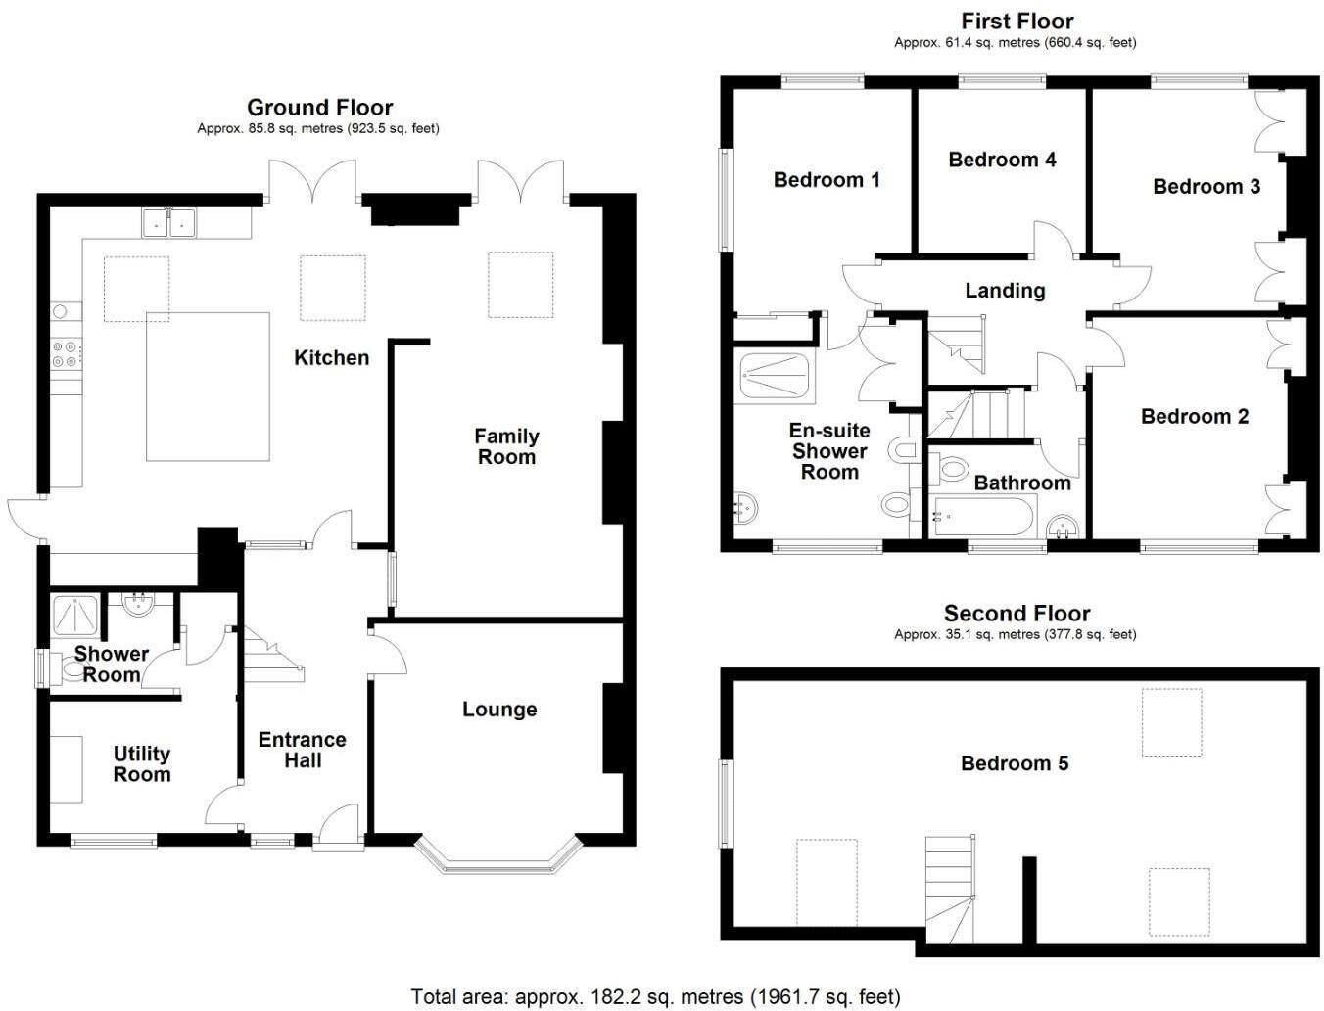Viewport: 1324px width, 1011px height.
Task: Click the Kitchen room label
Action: tap(331, 358)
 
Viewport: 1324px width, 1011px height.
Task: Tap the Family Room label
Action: tap(506, 446)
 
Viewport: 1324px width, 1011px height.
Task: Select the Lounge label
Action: tap(499, 710)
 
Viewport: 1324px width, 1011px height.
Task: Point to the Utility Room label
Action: tap(142, 763)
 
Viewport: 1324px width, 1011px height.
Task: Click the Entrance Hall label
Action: tap(303, 750)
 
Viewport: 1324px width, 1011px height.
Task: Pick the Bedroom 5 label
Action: tap(1015, 763)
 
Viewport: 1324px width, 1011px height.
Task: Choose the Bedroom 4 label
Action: tap(1002, 160)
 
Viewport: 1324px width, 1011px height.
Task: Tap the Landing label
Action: tap(1005, 291)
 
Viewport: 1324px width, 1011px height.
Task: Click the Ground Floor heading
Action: tap(319, 108)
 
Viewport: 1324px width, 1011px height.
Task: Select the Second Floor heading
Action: tap(1017, 614)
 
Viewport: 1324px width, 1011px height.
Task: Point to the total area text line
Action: tap(655, 996)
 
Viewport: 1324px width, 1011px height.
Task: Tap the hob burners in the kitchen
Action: tap(68, 353)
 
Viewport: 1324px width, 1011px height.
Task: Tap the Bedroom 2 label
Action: tap(1195, 417)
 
